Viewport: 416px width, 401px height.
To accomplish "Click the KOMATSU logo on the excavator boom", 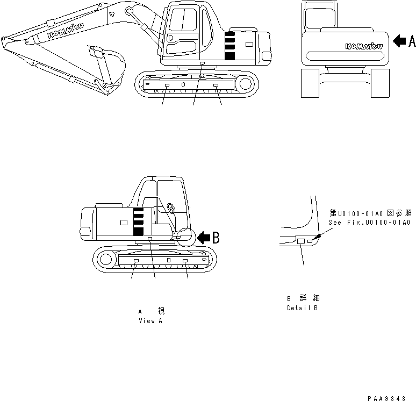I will tap(63, 32).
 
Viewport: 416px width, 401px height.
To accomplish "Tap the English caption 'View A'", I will tap(150, 321).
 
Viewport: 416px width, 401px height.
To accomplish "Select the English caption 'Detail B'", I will tap(302, 309).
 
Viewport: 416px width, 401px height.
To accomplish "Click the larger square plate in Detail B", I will tap(301, 242).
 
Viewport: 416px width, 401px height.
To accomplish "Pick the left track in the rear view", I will tap(309, 83).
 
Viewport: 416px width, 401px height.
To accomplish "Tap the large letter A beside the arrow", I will tap(412, 41).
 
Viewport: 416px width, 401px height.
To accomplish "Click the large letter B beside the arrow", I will tap(215, 238).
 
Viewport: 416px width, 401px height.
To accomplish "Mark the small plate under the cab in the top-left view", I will tap(202, 63).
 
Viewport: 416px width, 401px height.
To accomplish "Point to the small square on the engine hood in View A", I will tap(124, 222).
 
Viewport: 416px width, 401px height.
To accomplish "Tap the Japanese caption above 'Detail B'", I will tap(304, 298).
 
